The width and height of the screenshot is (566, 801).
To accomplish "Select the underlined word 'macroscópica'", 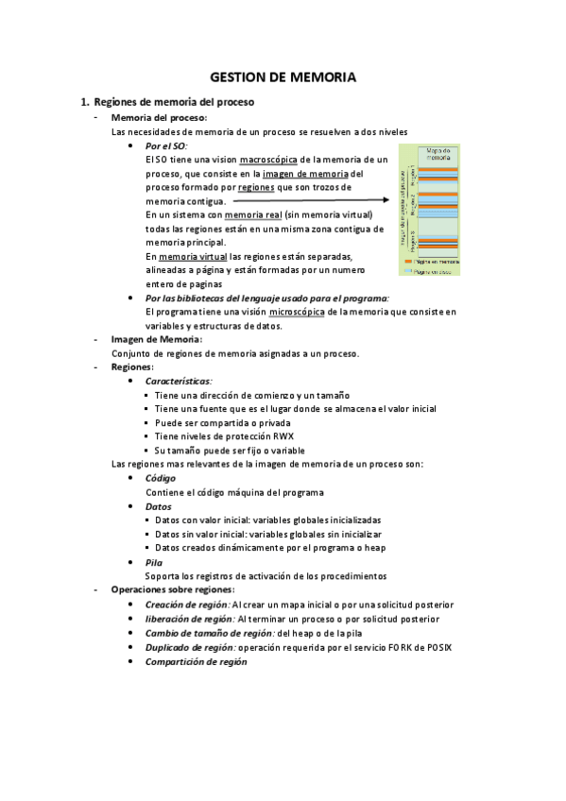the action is [268, 161].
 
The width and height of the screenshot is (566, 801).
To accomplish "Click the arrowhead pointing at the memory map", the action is [387, 200].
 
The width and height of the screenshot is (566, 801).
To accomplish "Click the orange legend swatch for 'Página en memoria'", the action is [408, 262].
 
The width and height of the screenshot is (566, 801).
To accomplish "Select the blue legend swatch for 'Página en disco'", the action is [408, 270].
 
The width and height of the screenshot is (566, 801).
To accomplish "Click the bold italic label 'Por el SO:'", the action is [166, 146].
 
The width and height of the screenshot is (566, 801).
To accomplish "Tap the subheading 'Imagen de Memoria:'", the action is [156, 339].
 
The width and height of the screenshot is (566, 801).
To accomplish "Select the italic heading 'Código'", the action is [161, 478].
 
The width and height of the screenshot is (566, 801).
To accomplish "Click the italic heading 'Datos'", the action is [159, 506].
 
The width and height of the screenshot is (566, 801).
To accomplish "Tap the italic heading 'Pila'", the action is [154, 562].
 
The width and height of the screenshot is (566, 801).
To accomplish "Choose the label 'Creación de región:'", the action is [187, 605].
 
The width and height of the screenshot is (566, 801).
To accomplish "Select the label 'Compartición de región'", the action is [196, 661].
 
